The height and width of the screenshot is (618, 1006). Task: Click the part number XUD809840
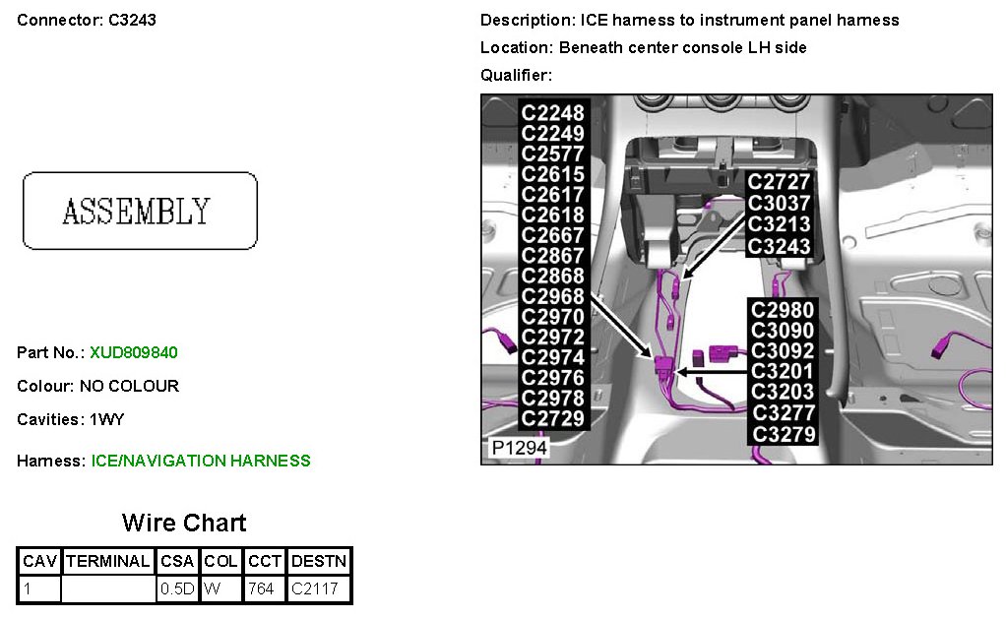[134, 352]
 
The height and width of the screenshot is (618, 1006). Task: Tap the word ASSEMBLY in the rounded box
[137, 211]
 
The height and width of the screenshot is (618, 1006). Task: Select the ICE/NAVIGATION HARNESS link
[201, 461]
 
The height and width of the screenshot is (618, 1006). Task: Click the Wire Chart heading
[184, 523]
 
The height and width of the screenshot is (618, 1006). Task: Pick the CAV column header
[40, 562]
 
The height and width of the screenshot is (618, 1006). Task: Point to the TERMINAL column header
[108, 562]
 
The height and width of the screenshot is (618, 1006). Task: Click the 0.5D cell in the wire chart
[177, 589]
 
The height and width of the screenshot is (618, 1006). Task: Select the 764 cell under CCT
[262, 589]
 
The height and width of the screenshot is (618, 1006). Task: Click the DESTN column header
[319, 562]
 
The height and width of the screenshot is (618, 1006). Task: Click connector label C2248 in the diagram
[552, 113]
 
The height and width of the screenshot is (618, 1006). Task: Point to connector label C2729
[552, 418]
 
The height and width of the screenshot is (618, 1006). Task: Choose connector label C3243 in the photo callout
[779, 246]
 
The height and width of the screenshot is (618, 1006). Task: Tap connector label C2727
[779, 182]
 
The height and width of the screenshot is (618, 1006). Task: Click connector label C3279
[783, 434]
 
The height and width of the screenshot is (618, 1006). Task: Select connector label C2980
[783, 310]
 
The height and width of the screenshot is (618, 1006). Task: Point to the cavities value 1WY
[107, 419]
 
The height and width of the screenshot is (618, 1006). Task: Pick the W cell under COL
[212, 589]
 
